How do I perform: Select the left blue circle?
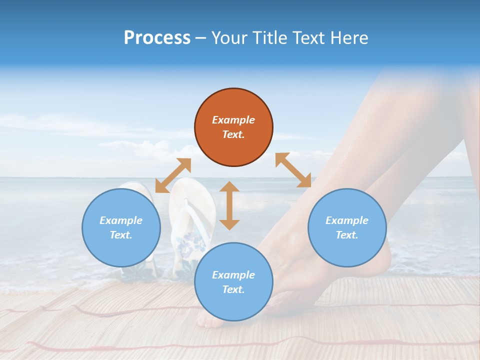(x=121, y=227)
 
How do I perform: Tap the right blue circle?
(x=347, y=227)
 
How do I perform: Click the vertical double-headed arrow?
(x=229, y=205)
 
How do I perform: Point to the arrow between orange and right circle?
(x=293, y=170)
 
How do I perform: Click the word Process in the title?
(x=157, y=38)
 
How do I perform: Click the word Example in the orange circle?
(x=233, y=120)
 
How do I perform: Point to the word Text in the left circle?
(x=121, y=235)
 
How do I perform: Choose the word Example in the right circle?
(x=347, y=220)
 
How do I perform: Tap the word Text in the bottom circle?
(x=233, y=289)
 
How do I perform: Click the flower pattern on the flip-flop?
(x=192, y=242)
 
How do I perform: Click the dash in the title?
(x=200, y=38)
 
